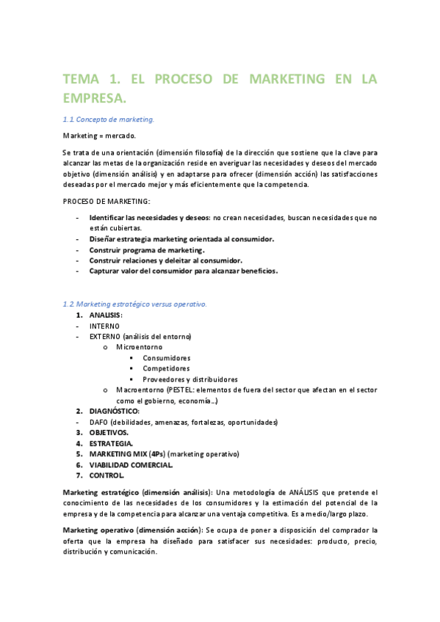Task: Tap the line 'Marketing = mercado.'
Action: [x=99, y=136]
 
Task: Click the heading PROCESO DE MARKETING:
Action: [x=106, y=201]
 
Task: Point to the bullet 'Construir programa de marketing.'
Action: [x=147, y=250]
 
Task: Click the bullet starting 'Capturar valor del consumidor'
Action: [x=184, y=271]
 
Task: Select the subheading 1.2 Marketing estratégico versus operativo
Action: [x=135, y=304]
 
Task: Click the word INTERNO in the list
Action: [x=104, y=326]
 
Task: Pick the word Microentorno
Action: [x=140, y=347]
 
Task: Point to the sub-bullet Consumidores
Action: [x=167, y=358]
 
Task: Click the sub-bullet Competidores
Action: [x=166, y=368]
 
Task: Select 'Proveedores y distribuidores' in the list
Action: [x=190, y=379]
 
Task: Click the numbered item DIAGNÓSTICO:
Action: [x=114, y=411]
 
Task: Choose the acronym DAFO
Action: [x=100, y=422]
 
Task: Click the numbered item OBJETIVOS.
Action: [x=109, y=433]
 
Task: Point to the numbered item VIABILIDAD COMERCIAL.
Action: [x=131, y=465]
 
